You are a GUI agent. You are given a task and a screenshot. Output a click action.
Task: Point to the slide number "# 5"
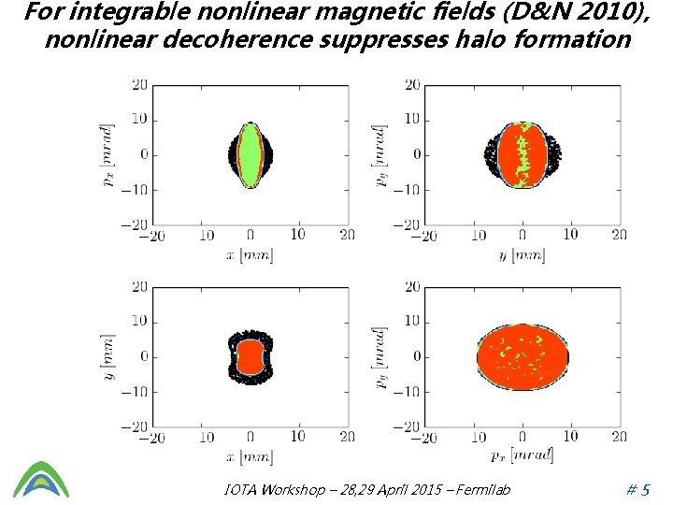[x=638, y=489]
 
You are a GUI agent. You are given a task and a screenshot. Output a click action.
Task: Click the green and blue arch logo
[x=41, y=479]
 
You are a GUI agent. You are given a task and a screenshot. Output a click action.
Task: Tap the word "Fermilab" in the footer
[x=483, y=489]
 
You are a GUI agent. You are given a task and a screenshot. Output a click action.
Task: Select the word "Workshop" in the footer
[x=294, y=489]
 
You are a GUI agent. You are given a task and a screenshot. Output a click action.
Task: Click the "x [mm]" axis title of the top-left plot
[x=250, y=256]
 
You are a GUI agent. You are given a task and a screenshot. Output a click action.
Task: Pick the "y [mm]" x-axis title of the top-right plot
[x=522, y=256]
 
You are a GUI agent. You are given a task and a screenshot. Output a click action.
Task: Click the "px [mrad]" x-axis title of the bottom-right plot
[x=522, y=455]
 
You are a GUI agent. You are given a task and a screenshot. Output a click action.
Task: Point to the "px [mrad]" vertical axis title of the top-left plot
[x=107, y=155]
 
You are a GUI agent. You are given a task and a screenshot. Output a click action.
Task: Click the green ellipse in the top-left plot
[x=251, y=155]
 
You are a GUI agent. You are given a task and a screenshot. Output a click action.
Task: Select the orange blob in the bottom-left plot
[x=250, y=357]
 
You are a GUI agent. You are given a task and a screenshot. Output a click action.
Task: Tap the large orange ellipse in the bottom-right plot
[x=523, y=357]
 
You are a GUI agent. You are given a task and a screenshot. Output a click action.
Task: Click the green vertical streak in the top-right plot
[x=523, y=155]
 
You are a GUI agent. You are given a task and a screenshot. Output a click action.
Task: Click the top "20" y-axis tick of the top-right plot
[x=412, y=85]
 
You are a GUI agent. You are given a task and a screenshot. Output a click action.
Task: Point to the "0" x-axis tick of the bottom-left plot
[x=251, y=437]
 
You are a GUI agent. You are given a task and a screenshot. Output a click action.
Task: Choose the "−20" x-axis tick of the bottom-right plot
[x=423, y=438]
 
